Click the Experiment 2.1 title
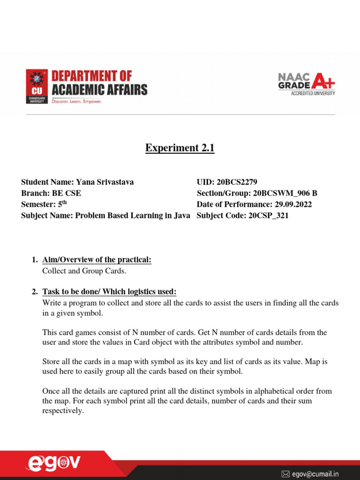[180, 148]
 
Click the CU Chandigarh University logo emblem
[37, 86]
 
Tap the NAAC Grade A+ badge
[307, 84]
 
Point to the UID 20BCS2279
[240, 182]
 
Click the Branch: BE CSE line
[47, 193]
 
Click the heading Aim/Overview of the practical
[97, 260]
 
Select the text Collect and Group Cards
[84, 271]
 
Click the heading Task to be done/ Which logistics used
[109, 292]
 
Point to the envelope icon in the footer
[285, 474]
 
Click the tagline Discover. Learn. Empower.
[76, 101]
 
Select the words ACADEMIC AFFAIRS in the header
[99, 90]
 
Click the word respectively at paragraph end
[63, 411]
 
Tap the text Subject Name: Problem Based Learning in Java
[105, 216]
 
